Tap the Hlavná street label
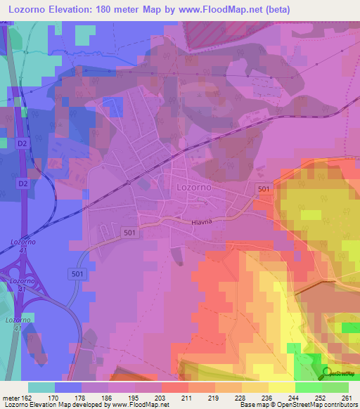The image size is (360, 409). (x=202, y=221)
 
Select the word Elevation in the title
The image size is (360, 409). (x=80, y=10)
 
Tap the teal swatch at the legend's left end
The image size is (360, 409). (x=41, y=387)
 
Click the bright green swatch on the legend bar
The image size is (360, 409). (x=309, y=387)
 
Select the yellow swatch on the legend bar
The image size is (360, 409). (x=282, y=387)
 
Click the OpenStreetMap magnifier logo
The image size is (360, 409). (x=327, y=375)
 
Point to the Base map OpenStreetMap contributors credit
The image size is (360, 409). (x=299, y=405)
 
